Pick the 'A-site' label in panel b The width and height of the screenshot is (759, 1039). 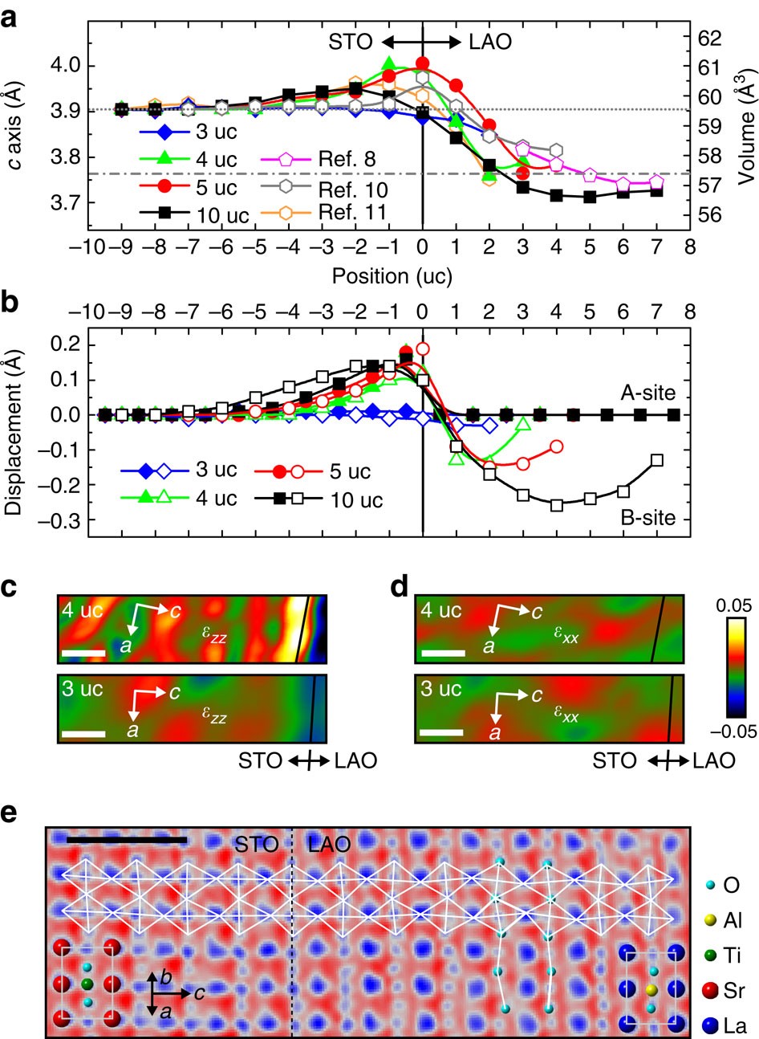coord(647,393)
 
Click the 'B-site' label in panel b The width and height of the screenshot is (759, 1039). coord(647,519)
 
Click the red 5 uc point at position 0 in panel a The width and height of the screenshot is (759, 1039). coord(423,63)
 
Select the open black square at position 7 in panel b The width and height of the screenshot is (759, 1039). coord(657,460)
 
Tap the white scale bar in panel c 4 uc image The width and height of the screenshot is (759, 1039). coord(83,653)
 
